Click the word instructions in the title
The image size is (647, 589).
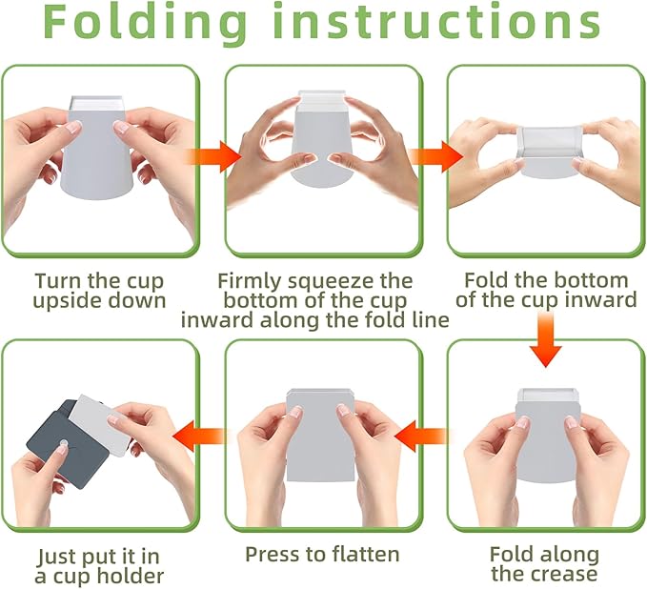point(437,24)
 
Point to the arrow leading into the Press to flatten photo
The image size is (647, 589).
point(423,437)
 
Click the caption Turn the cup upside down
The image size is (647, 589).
point(98,291)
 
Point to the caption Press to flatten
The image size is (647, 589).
point(322,554)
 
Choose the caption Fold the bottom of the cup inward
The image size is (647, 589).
point(546,291)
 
